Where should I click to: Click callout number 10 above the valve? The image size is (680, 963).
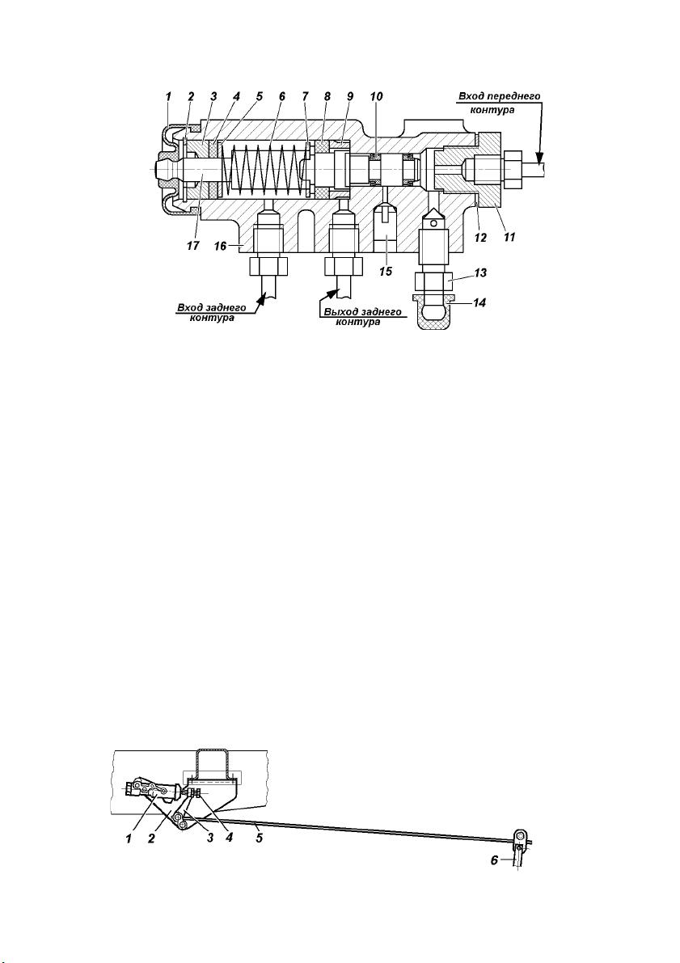376,96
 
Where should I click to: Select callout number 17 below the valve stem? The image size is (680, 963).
193,246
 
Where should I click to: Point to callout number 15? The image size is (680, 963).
385,271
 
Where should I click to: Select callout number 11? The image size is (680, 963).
509,237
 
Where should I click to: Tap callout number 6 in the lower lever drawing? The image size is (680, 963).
494,861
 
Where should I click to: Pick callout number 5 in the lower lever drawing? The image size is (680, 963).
260,837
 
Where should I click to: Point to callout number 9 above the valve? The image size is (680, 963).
350,96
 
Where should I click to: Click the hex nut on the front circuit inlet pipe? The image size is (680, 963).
513,166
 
